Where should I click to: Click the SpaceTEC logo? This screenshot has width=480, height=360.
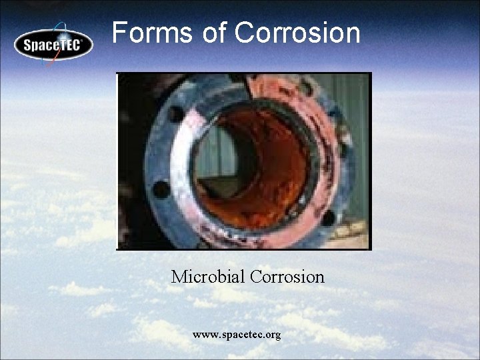pyautogui.click(x=53, y=45)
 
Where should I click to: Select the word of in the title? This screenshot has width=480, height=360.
pyautogui.click(x=213, y=32)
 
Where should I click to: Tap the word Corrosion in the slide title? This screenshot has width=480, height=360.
pyautogui.click(x=297, y=32)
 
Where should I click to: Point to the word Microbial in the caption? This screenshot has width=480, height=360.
pyautogui.click(x=207, y=276)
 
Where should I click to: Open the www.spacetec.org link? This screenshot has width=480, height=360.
pyautogui.click(x=237, y=334)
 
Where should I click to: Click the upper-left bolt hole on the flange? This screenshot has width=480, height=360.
pyautogui.click(x=175, y=114)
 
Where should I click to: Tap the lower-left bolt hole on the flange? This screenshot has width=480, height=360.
pyautogui.click(x=162, y=189)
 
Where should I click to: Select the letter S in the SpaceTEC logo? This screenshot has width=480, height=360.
pyautogui.click(x=29, y=46)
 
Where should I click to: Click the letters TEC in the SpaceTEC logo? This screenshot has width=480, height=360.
pyautogui.click(x=69, y=45)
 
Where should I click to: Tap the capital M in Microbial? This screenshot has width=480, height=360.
pyautogui.click(x=179, y=276)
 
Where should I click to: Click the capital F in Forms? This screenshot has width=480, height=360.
pyautogui.click(x=119, y=32)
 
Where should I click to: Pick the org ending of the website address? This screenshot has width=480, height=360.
pyautogui.click(x=273, y=335)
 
